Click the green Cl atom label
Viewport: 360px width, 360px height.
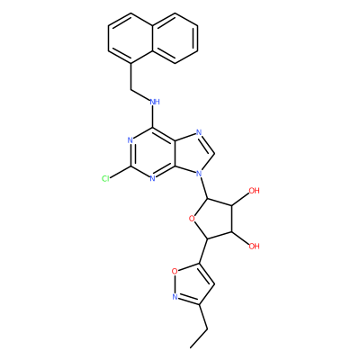tap(105, 179)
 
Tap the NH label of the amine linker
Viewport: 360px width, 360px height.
tap(155, 102)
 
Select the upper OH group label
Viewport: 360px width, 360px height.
tap(254, 191)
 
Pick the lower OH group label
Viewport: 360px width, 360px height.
tap(254, 247)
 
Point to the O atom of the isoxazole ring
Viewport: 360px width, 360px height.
tap(175, 272)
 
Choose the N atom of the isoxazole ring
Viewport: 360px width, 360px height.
tap(175, 297)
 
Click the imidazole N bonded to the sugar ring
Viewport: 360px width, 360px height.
tap(198, 174)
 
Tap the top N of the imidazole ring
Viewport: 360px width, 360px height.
tap(198, 133)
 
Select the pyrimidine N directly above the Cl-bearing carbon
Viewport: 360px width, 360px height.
tap(130, 140)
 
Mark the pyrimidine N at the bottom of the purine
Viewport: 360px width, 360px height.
tap(152, 179)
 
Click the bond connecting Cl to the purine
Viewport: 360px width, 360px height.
tap(121, 172)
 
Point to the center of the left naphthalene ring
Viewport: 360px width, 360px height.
tap(130, 38)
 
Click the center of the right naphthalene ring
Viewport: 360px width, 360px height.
tap(175, 38)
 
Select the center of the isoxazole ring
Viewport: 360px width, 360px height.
tap(191, 284)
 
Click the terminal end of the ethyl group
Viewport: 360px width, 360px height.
tap(191, 347)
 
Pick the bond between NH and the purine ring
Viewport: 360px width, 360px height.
tap(153, 117)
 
